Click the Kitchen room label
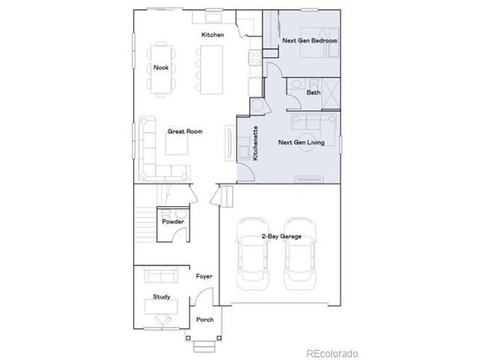pos(212,35)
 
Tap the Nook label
pos(160,67)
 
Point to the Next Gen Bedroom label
pos(309,40)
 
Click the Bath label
pos(313,92)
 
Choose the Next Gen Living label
pos(301,141)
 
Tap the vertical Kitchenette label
pos(256,143)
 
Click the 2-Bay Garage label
pos(281,236)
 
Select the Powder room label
pos(173,222)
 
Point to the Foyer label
pos(204,277)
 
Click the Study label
pos(161,297)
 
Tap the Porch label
pos(205,320)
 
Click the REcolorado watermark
pos(331,352)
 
